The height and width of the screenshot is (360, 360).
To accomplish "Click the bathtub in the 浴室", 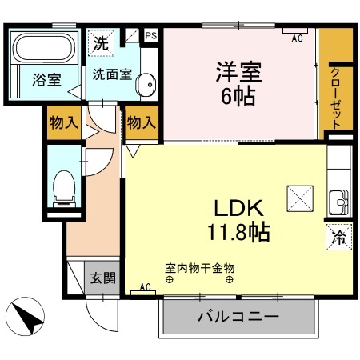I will (45, 49).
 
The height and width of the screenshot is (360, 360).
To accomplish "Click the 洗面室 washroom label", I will (107, 76).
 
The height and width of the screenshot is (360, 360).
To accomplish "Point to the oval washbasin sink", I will (145, 86).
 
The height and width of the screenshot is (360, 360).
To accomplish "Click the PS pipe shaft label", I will (150, 35).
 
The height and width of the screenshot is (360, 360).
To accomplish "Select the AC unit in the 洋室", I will (297, 33).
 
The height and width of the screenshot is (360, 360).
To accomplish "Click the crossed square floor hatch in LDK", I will (300, 196).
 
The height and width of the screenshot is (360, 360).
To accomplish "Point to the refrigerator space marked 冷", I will (338, 237).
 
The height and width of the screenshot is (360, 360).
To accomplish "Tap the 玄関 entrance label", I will (102, 278).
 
